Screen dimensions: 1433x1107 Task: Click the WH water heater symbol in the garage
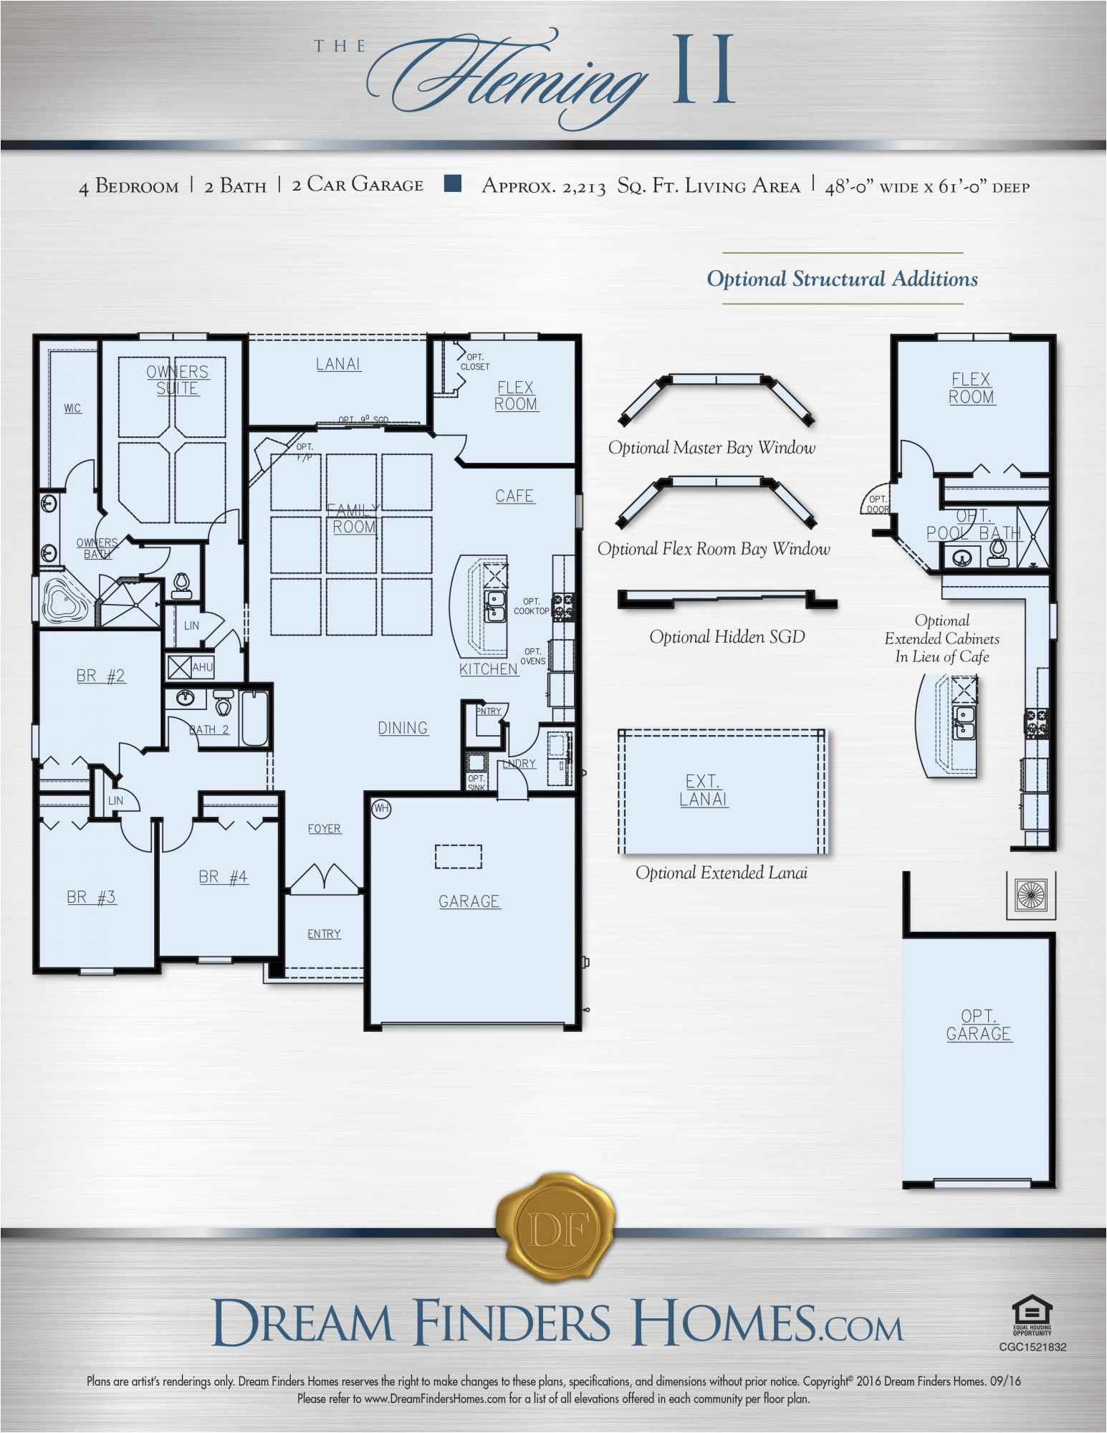[381, 809]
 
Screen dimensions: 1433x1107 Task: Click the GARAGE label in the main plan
[469, 901]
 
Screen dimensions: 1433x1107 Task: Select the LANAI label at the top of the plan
[339, 364]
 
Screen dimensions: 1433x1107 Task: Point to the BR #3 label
[91, 897]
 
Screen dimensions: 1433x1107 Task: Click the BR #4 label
[224, 877]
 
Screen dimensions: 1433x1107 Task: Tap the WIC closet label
[72, 408]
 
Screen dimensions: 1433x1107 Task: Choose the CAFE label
[514, 496]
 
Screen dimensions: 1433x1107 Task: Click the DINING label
[403, 728]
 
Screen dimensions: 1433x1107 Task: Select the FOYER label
[325, 829]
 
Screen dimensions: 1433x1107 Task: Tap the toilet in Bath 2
[224, 704]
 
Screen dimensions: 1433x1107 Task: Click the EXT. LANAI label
[704, 790]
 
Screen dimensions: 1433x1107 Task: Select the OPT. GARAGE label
[979, 1025]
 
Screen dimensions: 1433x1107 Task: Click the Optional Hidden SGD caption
[727, 637]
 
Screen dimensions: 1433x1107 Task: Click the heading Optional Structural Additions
[842, 279]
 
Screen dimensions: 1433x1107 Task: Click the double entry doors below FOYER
[324, 878]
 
